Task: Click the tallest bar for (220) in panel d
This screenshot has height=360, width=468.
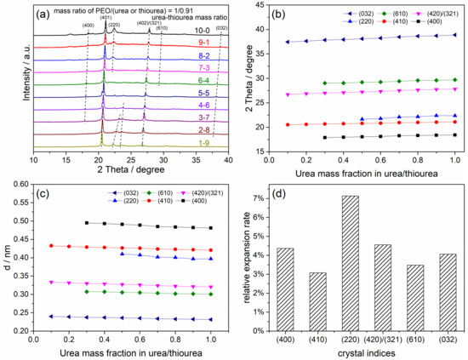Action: pyautogui.click(x=338, y=259)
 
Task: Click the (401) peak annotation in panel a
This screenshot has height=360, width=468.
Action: pyautogui.click(x=105, y=17)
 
